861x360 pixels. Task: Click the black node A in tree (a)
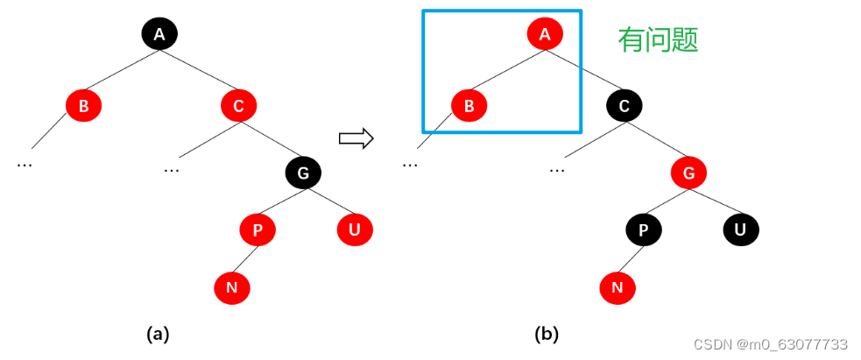click(x=159, y=34)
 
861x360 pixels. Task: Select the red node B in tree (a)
click(x=83, y=107)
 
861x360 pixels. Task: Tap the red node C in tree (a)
click(x=238, y=107)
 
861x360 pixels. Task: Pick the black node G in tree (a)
click(x=303, y=173)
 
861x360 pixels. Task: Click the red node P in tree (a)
click(x=258, y=230)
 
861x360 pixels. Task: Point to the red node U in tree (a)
click(x=355, y=230)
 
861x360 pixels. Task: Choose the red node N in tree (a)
click(x=232, y=286)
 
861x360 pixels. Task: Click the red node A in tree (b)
click(x=545, y=34)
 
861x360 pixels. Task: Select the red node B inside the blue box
click(x=469, y=107)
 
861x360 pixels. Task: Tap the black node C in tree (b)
click(x=625, y=107)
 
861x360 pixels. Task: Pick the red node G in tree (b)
click(x=688, y=173)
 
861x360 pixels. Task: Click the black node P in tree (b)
click(x=644, y=230)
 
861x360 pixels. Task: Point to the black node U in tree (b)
click(x=740, y=230)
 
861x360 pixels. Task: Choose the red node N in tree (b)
click(x=618, y=286)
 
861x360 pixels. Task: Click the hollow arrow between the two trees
click(x=356, y=138)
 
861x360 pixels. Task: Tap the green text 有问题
click(x=658, y=39)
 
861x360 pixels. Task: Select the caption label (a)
click(x=157, y=334)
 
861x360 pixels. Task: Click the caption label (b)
click(x=546, y=334)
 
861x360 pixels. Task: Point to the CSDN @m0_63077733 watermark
click(x=771, y=344)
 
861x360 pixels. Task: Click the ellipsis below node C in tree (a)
click(x=172, y=167)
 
